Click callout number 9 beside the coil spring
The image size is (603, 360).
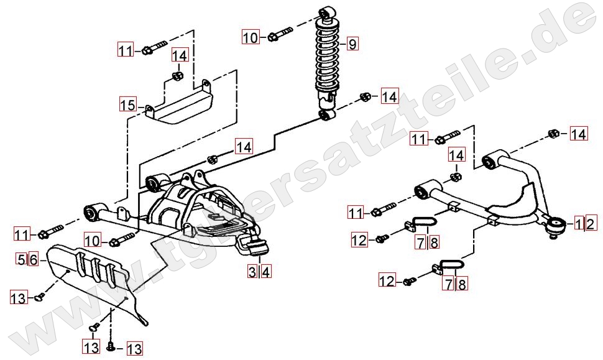pyautogui.click(x=351, y=44)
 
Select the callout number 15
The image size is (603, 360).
pyautogui.click(x=127, y=104)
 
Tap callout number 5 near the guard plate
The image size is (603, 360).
pyautogui.click(x=21, y=259)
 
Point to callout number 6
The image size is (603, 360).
pyautogui.click(x=33, y=259)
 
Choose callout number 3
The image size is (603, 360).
pyautogui.click(x=252, y=271)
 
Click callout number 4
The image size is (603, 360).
pyautogui.click(x=265, y=271)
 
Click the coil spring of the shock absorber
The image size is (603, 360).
pyautogui.click(x=327, y=56)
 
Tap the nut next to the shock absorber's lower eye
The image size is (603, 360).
pyautogui.click(x=366, y=97)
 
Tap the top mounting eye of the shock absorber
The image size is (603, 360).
pyautogui.click(x=327, y=12)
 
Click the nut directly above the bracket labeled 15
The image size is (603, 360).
pyautogui.click(x=177, y=76)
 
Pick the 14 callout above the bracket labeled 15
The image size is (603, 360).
pyautogui.click(x=179, y=55)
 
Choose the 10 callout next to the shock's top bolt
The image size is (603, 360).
pyautogui.click(x=250, y=38)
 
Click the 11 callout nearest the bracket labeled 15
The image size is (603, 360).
pyautogui.click(x=126, y=49)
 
